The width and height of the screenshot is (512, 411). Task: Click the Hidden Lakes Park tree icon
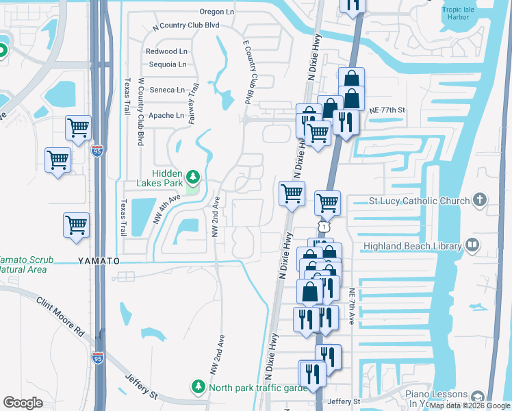click(x=193, y=178)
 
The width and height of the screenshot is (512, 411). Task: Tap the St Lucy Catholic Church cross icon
click(x=480, y=200)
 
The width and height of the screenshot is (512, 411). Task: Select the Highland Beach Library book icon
click(x=472, y=245)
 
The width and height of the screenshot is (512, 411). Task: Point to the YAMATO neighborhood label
click(x=99, y=261)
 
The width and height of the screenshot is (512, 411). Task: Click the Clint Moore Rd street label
click(x=60, y=316)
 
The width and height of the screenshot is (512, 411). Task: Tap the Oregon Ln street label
click(x=217, y=12)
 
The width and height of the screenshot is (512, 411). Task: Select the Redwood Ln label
click(x=166, y=51)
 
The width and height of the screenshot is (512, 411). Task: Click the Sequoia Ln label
click(x=167, y=65)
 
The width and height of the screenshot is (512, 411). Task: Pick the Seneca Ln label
click(x=167, y=90)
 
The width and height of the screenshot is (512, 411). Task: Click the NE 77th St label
click(x=387, y=110)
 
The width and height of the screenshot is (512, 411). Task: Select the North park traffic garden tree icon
click(x=199, y=387)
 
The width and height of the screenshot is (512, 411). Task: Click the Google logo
click(x=23, y=403)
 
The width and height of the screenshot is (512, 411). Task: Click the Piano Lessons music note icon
click(x=477, y=396)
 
